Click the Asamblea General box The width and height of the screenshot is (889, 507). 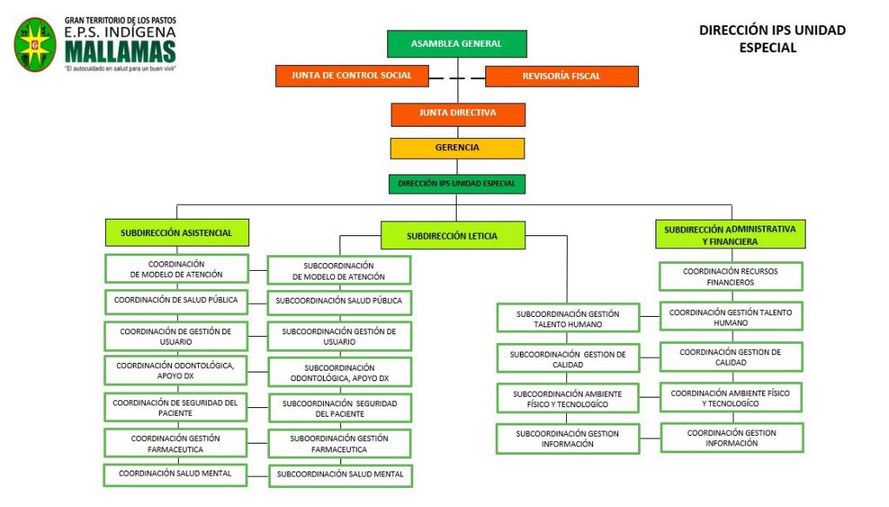tap(457, 43)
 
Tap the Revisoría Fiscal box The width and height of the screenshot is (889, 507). tap(561, 76)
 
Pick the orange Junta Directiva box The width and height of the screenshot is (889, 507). tap(458, 114)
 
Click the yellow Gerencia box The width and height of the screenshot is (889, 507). tap(458, 148)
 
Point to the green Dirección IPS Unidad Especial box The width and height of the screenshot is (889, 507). tap(457, 184)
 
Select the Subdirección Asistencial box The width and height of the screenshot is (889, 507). tap(176, 233)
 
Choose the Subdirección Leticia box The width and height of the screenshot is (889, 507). tap(452, 235)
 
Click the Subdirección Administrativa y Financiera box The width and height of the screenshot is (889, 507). tap(730, 235)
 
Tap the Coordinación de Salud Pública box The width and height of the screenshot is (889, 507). tap(176, 300)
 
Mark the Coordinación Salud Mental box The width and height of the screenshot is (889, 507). tap(176, 473)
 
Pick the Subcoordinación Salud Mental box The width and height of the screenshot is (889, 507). tap(339, 475)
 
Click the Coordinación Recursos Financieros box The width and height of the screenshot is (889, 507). tap(730, 276)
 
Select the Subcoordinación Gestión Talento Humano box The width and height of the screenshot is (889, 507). tap(568, 318)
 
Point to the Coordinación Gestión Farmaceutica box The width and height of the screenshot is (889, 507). tap(176, 444)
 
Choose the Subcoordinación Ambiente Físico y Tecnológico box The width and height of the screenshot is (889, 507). tap(568, 398)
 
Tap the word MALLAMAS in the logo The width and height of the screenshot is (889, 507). tap(119, 51)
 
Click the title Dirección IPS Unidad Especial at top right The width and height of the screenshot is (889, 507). tap(772, 38)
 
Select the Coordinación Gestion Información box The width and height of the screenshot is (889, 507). tap(732, 438)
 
